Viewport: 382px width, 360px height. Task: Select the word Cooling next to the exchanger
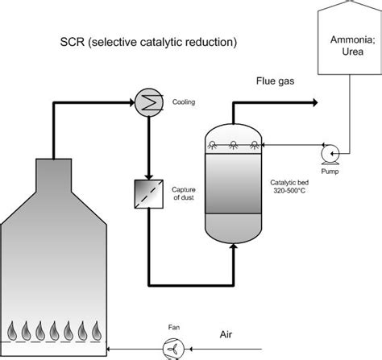click(184, 102)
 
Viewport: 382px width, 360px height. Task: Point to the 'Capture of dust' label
click(185, 193)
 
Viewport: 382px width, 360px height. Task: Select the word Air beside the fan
click(230, 333)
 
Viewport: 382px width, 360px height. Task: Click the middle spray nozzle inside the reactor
click(233, 145)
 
